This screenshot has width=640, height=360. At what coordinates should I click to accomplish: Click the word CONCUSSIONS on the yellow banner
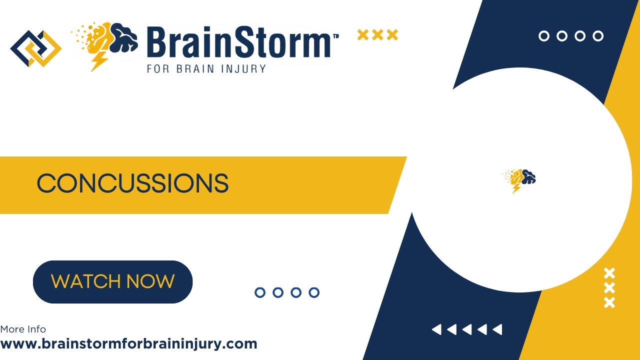132,183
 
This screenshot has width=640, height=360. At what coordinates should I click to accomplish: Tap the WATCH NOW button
112,281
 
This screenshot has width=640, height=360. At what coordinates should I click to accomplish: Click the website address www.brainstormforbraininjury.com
128,344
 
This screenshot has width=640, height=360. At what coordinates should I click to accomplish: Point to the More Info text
23,329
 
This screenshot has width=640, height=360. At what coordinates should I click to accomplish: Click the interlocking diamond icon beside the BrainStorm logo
35,48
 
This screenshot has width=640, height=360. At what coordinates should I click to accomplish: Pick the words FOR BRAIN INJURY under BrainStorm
206,68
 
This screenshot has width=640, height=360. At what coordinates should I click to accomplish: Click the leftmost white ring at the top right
544,36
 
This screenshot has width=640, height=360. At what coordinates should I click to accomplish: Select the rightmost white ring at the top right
598,36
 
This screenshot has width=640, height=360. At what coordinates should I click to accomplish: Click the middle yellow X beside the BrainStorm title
377,35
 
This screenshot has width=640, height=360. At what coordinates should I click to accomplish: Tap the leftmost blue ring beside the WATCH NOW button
260,292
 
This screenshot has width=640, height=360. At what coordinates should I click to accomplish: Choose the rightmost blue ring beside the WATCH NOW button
314,292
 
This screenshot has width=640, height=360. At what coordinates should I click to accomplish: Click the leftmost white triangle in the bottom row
437,329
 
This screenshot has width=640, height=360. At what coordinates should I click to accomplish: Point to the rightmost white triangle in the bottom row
497,329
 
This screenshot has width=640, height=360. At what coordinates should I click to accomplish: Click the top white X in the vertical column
609,273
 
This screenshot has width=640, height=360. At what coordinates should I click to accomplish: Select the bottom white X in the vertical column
609,302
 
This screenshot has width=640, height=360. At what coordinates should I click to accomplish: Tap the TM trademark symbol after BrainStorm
335,36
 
